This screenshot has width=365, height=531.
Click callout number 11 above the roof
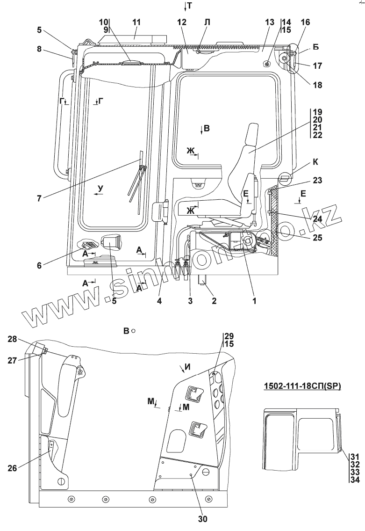[x=136, y=22]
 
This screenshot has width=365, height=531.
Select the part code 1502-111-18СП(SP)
[x=301, y=386]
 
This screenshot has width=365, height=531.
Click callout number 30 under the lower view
[x=203, y=518]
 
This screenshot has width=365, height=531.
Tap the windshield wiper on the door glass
[x=137, y=178]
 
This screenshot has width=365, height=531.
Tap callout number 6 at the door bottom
[x=40, y=266]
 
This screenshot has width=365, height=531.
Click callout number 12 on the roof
[x=181, y=22]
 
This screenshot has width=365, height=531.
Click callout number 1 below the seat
[x=255, y=301]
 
